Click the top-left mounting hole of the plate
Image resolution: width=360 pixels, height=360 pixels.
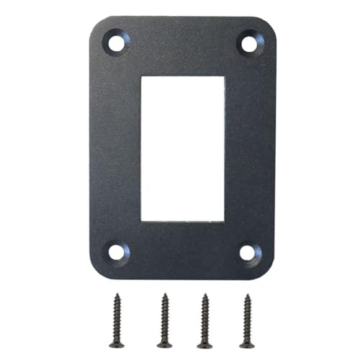coord(116,43)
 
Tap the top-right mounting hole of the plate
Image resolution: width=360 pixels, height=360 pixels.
coord(248,44)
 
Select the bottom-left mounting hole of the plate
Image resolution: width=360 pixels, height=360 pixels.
coord(116,253)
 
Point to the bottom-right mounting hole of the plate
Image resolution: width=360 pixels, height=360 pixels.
coord(248,253)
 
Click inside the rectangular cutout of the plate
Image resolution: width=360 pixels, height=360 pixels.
coord(183,147)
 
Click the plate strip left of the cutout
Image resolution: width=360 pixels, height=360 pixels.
coord(116,147)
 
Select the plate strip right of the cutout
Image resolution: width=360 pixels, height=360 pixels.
coord(249,147)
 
